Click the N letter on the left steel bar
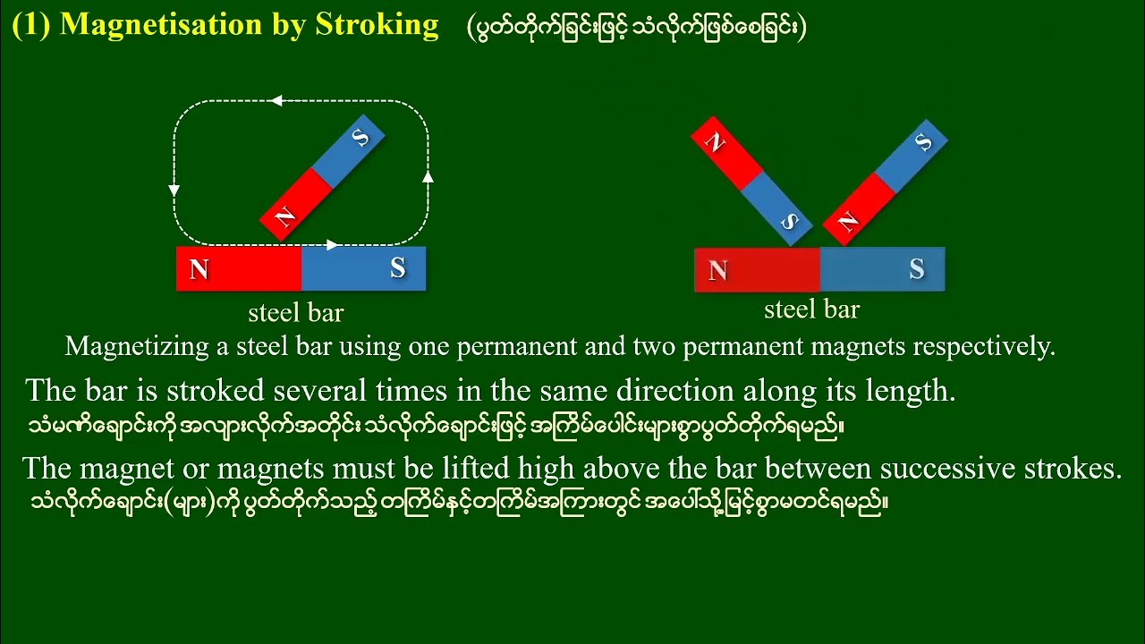coord(199,269)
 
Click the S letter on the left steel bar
coord(398,268)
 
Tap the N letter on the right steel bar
coord(717,271)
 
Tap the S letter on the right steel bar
coord(917,269)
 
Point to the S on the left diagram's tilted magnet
coord(360,138)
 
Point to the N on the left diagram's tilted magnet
coord(284,217)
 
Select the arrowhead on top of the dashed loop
coord(276,101)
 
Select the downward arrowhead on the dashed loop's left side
coord(174,190)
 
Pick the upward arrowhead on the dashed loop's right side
coord(428,176)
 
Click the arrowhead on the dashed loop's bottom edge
coord(332,244)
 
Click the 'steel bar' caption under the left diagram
coord(295,313)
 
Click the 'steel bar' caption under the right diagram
coord(811,309)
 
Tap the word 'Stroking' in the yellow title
coord(377,25)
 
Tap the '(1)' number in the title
coord(31,25)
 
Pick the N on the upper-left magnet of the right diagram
coord(714,142)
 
